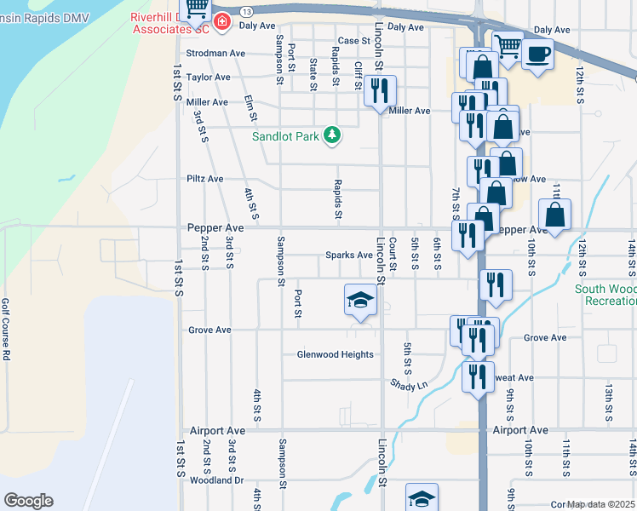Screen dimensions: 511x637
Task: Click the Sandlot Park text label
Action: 284,136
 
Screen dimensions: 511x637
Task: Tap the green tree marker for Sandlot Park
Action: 333,135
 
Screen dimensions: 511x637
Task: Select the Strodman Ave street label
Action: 215,53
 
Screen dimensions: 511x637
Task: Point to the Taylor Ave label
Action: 209,78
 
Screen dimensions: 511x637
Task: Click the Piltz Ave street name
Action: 204,179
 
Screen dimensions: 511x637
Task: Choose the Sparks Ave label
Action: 349,255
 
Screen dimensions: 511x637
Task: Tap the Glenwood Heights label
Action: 335,354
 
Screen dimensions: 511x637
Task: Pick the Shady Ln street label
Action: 409,385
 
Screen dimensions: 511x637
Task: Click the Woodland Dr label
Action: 217,480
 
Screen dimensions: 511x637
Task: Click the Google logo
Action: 28,501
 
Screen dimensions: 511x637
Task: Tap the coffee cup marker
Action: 537,55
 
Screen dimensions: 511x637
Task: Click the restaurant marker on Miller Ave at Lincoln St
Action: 380,90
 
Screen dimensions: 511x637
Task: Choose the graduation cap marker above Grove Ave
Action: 360,300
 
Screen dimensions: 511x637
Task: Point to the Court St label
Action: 393,255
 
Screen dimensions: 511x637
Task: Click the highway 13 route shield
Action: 246,11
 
